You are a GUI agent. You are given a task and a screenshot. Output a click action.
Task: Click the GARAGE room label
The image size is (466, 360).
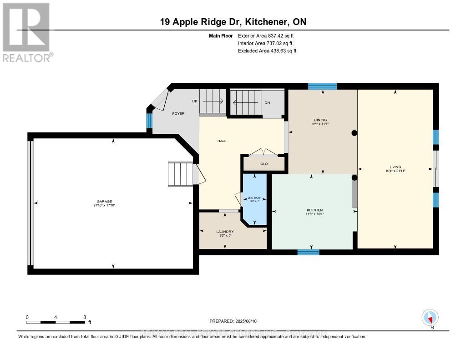104,202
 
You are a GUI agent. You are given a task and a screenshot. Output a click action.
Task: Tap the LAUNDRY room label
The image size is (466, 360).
225,232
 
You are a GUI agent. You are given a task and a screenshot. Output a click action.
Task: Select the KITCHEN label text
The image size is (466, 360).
314,210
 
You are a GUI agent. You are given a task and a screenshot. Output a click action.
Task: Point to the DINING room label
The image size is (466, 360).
323,120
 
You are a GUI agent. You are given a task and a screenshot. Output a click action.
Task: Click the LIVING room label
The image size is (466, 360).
395,167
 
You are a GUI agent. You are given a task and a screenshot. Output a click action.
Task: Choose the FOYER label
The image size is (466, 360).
178,113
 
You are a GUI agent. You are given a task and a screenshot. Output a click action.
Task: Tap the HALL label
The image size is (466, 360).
222,141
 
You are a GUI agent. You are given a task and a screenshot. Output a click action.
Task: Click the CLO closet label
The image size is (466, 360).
264,164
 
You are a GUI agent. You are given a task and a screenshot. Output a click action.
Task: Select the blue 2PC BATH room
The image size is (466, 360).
254,199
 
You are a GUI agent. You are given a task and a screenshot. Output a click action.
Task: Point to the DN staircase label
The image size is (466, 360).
267,103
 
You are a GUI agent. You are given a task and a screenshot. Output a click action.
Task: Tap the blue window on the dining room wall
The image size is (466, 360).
322,86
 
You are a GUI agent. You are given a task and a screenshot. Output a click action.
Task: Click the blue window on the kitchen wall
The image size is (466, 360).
308,252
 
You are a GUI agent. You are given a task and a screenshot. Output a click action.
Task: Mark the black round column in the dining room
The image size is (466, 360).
354,133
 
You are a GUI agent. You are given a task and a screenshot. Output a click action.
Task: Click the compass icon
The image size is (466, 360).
430,317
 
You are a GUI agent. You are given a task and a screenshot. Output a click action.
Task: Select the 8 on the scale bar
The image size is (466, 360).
84,317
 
